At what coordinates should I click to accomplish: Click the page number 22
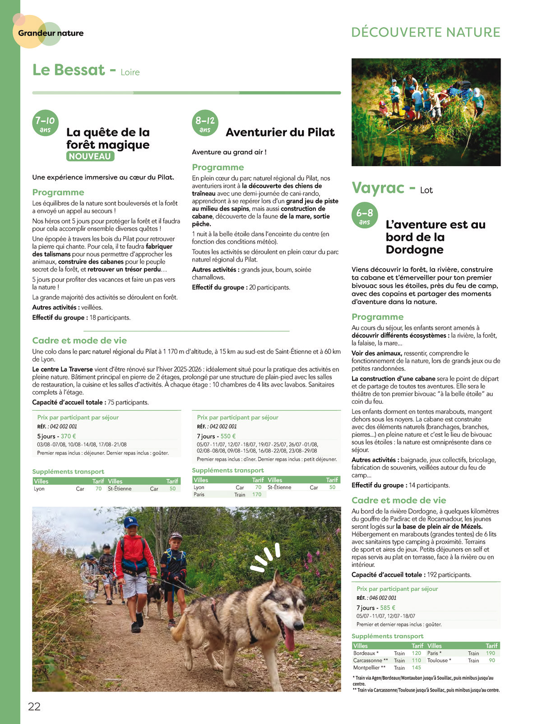coord(34,706)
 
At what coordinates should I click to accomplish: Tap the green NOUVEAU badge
coord(90,156)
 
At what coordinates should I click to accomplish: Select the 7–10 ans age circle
coord(45,123)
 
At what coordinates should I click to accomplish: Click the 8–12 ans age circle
coord(205,123)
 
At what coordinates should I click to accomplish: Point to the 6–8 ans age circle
coord(365,215)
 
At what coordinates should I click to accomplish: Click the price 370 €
coord(69,436)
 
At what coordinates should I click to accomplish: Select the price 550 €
coord(228,436)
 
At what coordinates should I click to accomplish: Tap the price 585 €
coord(388,608)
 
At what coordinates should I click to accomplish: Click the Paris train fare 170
coord(257,495)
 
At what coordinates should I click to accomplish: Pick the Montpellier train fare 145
coord(416,668)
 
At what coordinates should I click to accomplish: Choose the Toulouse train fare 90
coord(492,660)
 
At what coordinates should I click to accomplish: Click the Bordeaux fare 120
coord(416,653)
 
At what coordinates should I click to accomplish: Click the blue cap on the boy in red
coord(130,522)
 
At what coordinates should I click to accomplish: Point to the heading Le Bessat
coord(69,70)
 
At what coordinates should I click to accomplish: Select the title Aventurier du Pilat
coord(280,132)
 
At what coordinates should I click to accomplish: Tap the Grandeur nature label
coord(51,33)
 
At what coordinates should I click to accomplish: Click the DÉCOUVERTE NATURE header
coord(426,33)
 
